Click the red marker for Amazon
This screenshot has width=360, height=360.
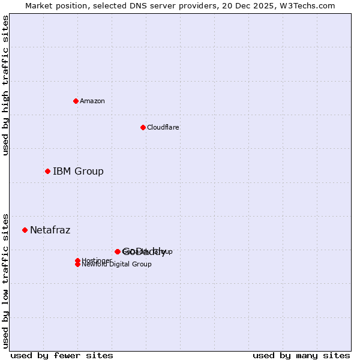click(x=76, y=101)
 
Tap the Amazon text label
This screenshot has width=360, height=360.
click(x=92, y=101)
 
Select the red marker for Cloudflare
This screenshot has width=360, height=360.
click(x=143, y=127)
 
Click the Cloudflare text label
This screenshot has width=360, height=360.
click(x=163, y=127)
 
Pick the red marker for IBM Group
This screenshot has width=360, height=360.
click(x=47, y=171)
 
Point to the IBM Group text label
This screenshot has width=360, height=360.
click(x=78, y=171)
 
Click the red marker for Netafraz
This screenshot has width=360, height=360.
click(x=25, y=230)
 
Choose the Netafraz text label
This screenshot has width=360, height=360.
click(x=50, y=230)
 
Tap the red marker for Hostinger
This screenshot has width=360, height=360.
click(x=77, y=260)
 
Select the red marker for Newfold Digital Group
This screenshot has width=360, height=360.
click(x=77, y=265)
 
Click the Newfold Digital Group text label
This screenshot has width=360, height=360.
click(x=116, y=265)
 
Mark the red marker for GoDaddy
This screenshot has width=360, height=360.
click(x=118, y=251)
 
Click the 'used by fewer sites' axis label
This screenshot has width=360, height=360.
click(x=62, y=355)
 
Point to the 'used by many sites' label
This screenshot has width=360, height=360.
click(x=301, y=355)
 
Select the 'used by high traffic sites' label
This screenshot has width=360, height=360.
click(x=5, y=85)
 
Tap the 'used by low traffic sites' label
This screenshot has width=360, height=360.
click(x=5, y=280)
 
